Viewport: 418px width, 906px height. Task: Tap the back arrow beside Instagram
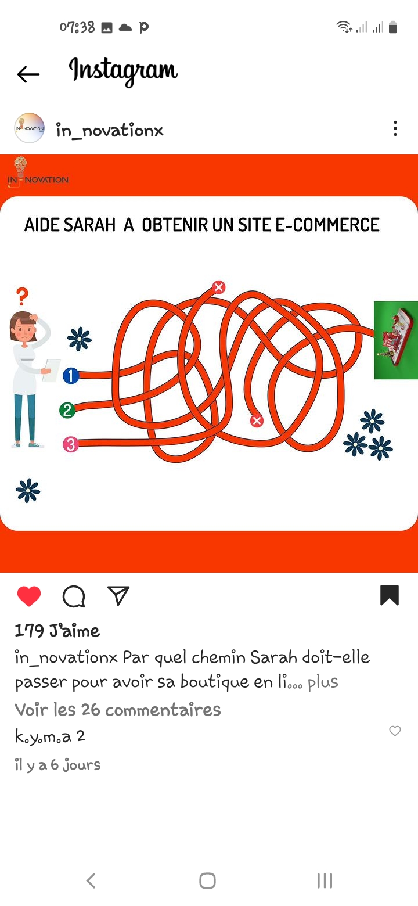(28, 74)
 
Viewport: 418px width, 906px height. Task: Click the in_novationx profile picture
(29, 128)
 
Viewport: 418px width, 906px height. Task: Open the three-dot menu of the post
(395, 128)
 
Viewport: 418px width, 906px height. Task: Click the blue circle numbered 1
(71, 375)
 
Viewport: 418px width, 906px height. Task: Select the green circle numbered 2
(67, 410)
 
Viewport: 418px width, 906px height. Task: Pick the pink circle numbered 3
(71, 444)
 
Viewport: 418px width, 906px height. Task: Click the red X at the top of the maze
(219, 287)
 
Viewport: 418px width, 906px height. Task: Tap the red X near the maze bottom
(257, 420)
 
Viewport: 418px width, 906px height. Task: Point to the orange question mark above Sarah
(22, 296)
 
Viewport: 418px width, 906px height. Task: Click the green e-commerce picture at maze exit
(396, 340)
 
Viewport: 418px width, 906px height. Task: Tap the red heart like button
(29, 596)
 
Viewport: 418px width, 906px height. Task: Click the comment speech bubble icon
(74, 596)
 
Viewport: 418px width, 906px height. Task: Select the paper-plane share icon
(118, 595)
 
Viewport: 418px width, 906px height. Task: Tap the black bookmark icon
(390, 595)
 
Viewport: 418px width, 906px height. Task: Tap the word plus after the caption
(323, 682)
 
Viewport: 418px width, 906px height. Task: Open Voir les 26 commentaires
(118, 710)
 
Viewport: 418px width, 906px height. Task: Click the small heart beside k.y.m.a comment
(395, 731)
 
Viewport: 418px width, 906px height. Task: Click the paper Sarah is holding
(51, 370)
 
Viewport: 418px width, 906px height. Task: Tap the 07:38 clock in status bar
(77, 27)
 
